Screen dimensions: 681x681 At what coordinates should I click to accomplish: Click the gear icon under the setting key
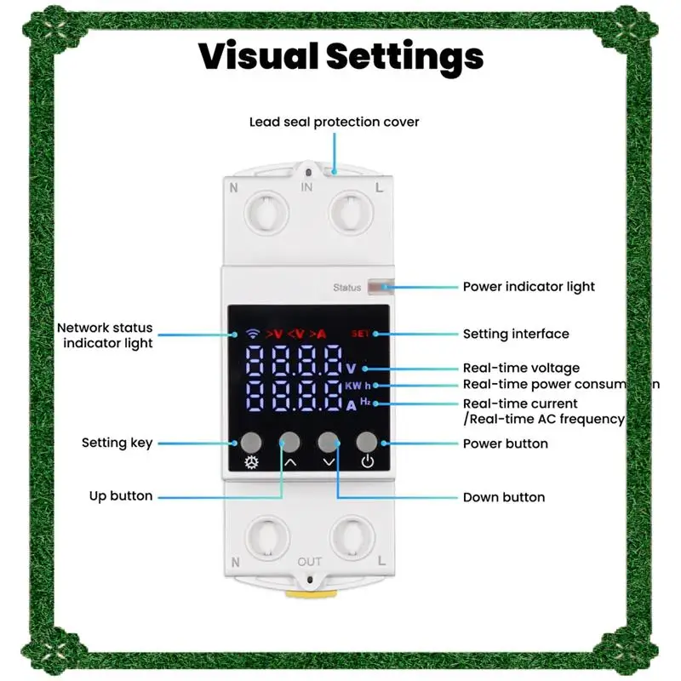251,463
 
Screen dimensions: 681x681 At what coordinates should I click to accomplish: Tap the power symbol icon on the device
367,463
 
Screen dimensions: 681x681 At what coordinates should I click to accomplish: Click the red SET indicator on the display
361,333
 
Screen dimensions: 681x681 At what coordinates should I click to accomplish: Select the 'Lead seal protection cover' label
334,122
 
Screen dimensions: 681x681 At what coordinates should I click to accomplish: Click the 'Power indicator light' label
529,287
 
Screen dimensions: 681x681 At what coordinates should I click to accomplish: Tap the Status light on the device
375,288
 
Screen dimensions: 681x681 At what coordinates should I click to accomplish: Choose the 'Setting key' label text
117,443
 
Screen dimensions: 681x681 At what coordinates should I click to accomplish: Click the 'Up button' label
121,496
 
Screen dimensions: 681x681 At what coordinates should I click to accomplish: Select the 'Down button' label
504,497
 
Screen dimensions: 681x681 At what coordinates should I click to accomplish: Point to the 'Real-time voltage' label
521,369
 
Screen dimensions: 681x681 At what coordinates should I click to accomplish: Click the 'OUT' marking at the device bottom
310,562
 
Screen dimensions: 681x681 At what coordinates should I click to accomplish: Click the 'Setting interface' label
516,334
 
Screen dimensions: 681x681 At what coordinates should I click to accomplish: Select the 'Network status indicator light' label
105,335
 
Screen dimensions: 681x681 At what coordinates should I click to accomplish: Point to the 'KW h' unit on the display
358,386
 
